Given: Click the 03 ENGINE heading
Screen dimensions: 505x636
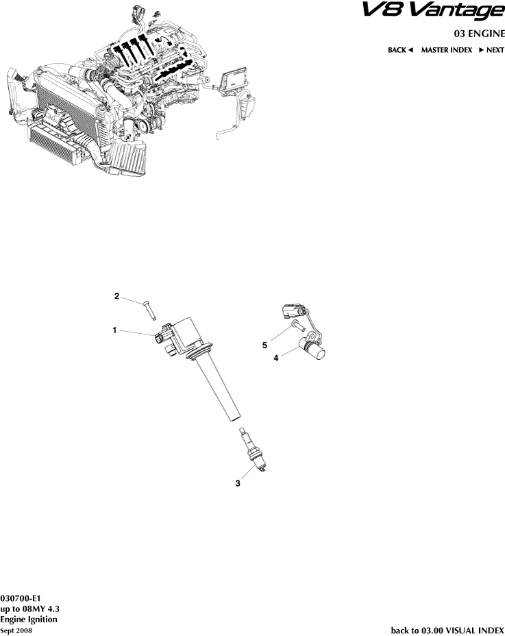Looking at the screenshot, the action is pyautogui.click(x=479, y=34).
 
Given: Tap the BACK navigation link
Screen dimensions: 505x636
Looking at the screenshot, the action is pyautogui.click(x=400, y=50).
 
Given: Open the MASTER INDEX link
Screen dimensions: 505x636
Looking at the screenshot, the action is pyautogui.click(x=447, y=50).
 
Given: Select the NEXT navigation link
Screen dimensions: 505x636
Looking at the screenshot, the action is pyautogui.click(x=491, y=50).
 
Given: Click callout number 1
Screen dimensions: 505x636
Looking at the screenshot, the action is pyautogui.click(x=114, y=330).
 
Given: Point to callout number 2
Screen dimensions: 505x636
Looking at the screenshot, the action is pyautogui.click(x=116, y=296).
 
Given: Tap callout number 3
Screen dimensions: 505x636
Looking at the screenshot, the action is pyautogui.click(x=238, y=483).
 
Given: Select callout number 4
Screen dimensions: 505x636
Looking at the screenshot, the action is pyautogui.click(x=276, y=358).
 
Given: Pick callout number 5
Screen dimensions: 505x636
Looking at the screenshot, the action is pyautogui.click(x=264, y=345).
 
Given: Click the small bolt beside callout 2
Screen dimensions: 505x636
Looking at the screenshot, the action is pyautogui.click(x=149, y=310).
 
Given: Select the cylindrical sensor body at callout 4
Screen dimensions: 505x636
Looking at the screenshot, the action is pyautogui.click(x=315, y=350).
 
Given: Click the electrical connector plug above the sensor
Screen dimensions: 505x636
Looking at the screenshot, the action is pyautogui.click(x=293, y=310).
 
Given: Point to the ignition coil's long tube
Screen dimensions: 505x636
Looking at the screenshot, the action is pyautogui.click(x=217, y=389).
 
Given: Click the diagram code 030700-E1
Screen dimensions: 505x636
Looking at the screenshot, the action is pyautogui.click(x=21, y=598).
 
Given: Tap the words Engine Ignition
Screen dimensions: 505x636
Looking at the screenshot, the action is pyautogui.click(x=29, y=620).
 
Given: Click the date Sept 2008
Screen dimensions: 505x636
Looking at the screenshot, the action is pyautogui.click(x=16, y=631).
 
